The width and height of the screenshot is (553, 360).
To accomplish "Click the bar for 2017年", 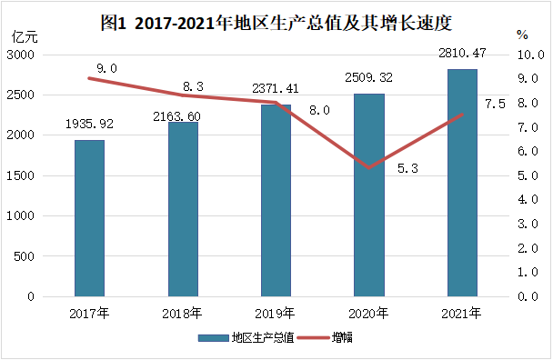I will [89, 218].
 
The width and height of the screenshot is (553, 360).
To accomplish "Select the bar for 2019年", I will [276, 201].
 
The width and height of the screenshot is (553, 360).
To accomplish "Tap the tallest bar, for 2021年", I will [462, 183].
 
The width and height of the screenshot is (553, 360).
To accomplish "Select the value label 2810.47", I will [462, 53].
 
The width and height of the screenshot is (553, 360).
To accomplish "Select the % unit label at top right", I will [521, 35].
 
